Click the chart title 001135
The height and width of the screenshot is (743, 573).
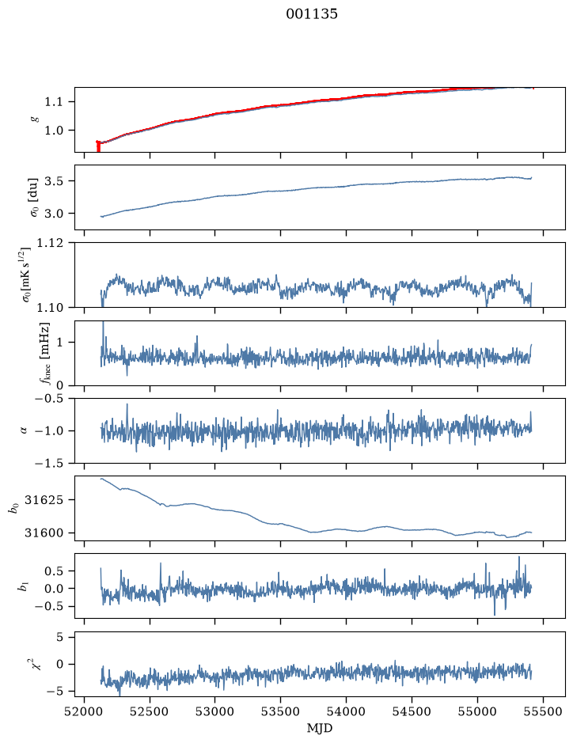tap(312, 14)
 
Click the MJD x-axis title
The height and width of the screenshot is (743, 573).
tap(320, 728)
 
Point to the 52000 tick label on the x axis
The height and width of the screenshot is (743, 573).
tap(85, 711)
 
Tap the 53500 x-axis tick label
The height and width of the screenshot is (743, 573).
tap(281, 711)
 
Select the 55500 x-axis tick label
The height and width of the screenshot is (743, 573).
tap(543, 711)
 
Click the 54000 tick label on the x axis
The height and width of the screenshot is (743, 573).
tap(346, 711)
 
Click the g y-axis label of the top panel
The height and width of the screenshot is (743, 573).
tap(33, 119)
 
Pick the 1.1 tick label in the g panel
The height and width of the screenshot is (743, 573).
tap(54, 102)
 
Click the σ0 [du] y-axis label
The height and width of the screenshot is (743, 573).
tap(33, 198)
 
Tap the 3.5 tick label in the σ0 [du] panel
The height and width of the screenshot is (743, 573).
tap(54, 181)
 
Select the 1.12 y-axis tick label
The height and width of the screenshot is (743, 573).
tap(49, 243)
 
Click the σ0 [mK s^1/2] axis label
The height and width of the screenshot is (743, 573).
tap(32, 275)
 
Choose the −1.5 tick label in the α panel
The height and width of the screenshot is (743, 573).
tap(49, 464)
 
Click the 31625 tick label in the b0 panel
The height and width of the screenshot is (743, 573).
tap(43, 500)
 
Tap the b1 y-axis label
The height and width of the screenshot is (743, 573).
tap(22, 586)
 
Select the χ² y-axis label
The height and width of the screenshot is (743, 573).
tap(36, 664)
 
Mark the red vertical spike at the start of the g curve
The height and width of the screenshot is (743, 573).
tap(98, 146)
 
